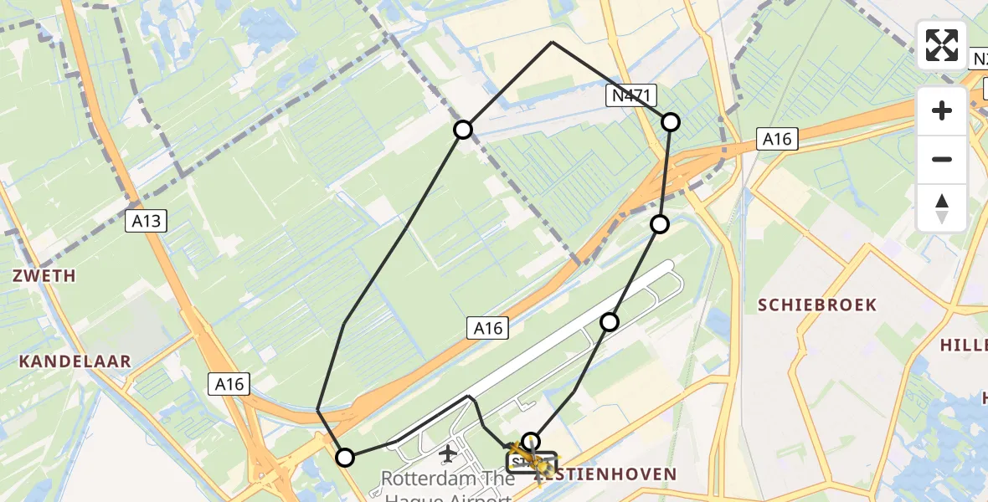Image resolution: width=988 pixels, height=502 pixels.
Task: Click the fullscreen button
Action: tap(942, 45)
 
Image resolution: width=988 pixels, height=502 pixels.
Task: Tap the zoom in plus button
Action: tap(942, 110)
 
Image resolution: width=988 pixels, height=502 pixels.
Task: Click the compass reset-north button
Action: tap(942, 208)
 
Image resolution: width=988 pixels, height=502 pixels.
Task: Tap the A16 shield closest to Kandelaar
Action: tap(229, 384)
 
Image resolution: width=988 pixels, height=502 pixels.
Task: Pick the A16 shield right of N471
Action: tap(776, 139)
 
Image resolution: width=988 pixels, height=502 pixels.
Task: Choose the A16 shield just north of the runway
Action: tap(487, 329)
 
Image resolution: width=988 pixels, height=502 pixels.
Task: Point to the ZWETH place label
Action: tap(44, 275)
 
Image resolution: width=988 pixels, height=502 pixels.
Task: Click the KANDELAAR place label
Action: tap(75, 361)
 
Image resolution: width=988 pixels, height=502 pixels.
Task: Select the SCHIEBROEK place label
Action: tap(816, 305)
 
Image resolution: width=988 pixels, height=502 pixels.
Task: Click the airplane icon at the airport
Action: tap(447, 454)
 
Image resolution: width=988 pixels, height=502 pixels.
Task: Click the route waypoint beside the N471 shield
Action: tap(671, 122)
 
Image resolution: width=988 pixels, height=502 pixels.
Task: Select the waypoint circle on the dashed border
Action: tap(463, 129)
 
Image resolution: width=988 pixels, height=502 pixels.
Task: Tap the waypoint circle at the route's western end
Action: tap(345, 457)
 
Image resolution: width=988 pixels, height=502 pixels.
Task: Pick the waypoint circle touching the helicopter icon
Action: tap(531, 441)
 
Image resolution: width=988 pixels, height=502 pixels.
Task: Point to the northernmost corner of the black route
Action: tap(552, 42)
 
